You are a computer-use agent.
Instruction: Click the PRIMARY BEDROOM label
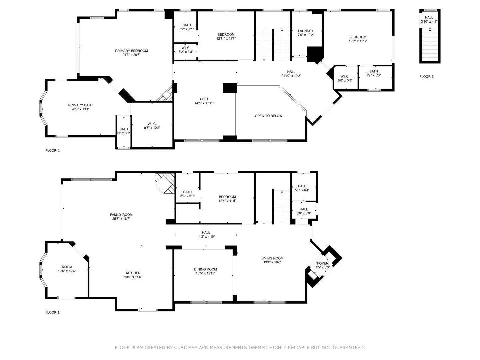coord(131,51)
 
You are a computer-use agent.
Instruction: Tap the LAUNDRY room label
coord(305,31)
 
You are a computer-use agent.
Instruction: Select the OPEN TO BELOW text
coord(268,116)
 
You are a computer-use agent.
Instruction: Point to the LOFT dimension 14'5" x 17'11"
coord(204,103)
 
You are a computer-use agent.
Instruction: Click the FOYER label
coord(322,263)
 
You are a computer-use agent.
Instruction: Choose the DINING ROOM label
coord(205,269)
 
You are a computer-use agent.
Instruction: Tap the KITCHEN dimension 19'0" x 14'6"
coord(133,277)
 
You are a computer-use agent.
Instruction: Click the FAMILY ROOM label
coord(121,215)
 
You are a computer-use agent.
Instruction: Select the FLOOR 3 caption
coord(426,77)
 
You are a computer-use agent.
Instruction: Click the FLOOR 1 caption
coord(52,313)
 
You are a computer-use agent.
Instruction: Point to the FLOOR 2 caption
coord(52,151)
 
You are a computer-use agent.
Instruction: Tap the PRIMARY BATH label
coord(80,105)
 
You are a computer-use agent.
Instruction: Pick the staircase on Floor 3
coord(430,45)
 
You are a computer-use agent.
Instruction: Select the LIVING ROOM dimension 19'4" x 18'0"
coord(272,262)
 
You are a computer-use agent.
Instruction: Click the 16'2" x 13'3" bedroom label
coord(357,41)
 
